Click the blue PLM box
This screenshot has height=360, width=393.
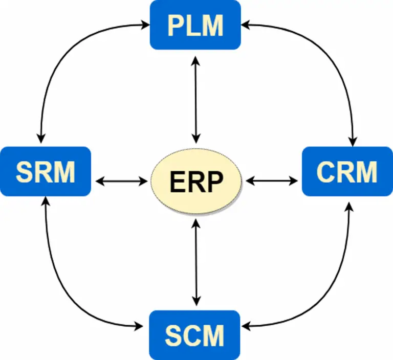click(x=195, y=25)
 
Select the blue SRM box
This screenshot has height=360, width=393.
click(x=46, y=171)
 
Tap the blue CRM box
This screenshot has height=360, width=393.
click(x=347, y=171)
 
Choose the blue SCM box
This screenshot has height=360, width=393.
click(x=195, y=334)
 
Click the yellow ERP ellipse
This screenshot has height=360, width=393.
click(x=196, y=181)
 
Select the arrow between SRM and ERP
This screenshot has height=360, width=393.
click(x=121, y=181)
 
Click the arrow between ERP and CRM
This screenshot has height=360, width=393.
click(x=271, y=181)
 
